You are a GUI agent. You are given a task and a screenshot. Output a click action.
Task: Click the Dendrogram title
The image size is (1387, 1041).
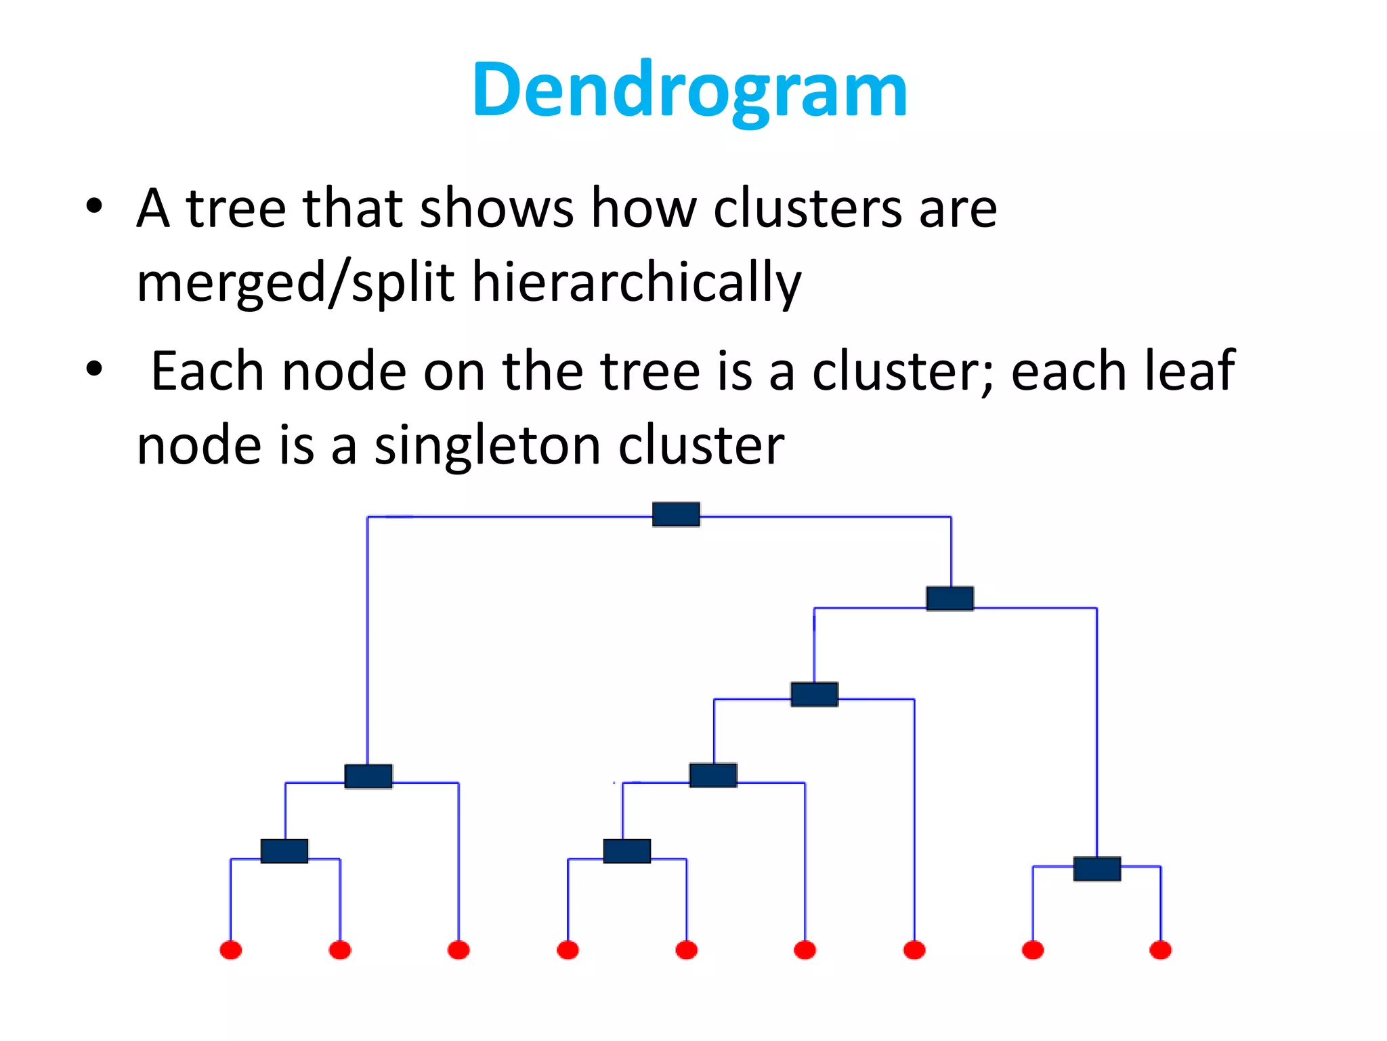(689, 90)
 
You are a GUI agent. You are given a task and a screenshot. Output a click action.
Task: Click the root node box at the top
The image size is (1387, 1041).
(676, 514)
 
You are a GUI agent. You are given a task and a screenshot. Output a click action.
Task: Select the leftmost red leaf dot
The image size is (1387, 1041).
(231, 950)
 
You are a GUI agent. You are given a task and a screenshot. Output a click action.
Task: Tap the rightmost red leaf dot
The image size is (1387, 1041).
(1160, 950)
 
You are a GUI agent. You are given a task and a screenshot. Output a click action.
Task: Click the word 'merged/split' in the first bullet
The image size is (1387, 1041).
(295, 282)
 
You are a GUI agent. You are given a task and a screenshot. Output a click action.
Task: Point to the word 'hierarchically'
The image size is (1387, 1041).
(637, 282)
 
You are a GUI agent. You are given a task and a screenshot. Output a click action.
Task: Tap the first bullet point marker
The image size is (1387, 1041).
(94, 205)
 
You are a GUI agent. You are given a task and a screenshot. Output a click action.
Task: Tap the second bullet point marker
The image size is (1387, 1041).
(94, 369)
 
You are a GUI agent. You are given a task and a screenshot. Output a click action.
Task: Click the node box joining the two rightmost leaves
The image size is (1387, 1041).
(1097, 869)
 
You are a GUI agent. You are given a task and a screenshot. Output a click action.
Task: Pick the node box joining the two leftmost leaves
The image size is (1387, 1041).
(284, 851)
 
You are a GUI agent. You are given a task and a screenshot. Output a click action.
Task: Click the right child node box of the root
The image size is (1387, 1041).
(950, 599)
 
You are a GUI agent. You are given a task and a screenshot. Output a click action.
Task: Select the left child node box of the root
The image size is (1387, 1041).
(368, 777)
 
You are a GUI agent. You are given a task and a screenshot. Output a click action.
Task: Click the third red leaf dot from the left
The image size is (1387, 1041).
(458, 950)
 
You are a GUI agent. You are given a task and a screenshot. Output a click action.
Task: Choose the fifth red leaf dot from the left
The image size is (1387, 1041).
(687, 950)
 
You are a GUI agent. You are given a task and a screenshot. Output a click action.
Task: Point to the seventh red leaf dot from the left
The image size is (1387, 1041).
(914, 950)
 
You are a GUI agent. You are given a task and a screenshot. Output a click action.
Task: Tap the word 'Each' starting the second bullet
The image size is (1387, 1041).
(207, 371)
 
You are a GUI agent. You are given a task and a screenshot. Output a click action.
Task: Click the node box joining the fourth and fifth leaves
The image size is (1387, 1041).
(627, 851)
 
